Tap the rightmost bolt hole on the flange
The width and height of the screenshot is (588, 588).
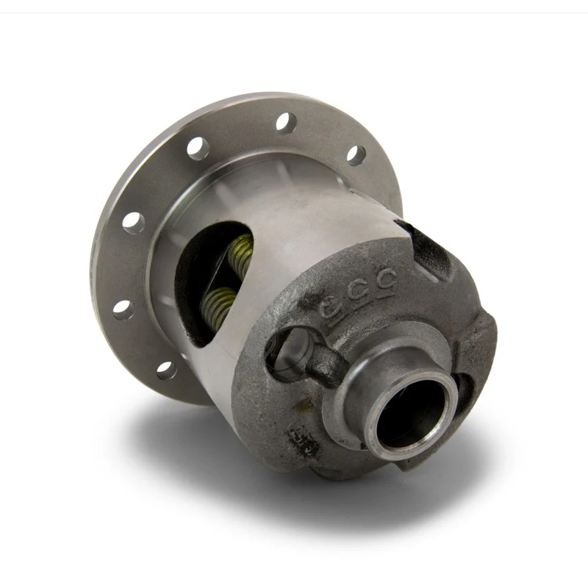356,154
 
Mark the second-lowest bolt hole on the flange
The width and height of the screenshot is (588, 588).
123,309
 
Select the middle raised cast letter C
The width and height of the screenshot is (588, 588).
361,292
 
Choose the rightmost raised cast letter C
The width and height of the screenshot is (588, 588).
387,279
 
